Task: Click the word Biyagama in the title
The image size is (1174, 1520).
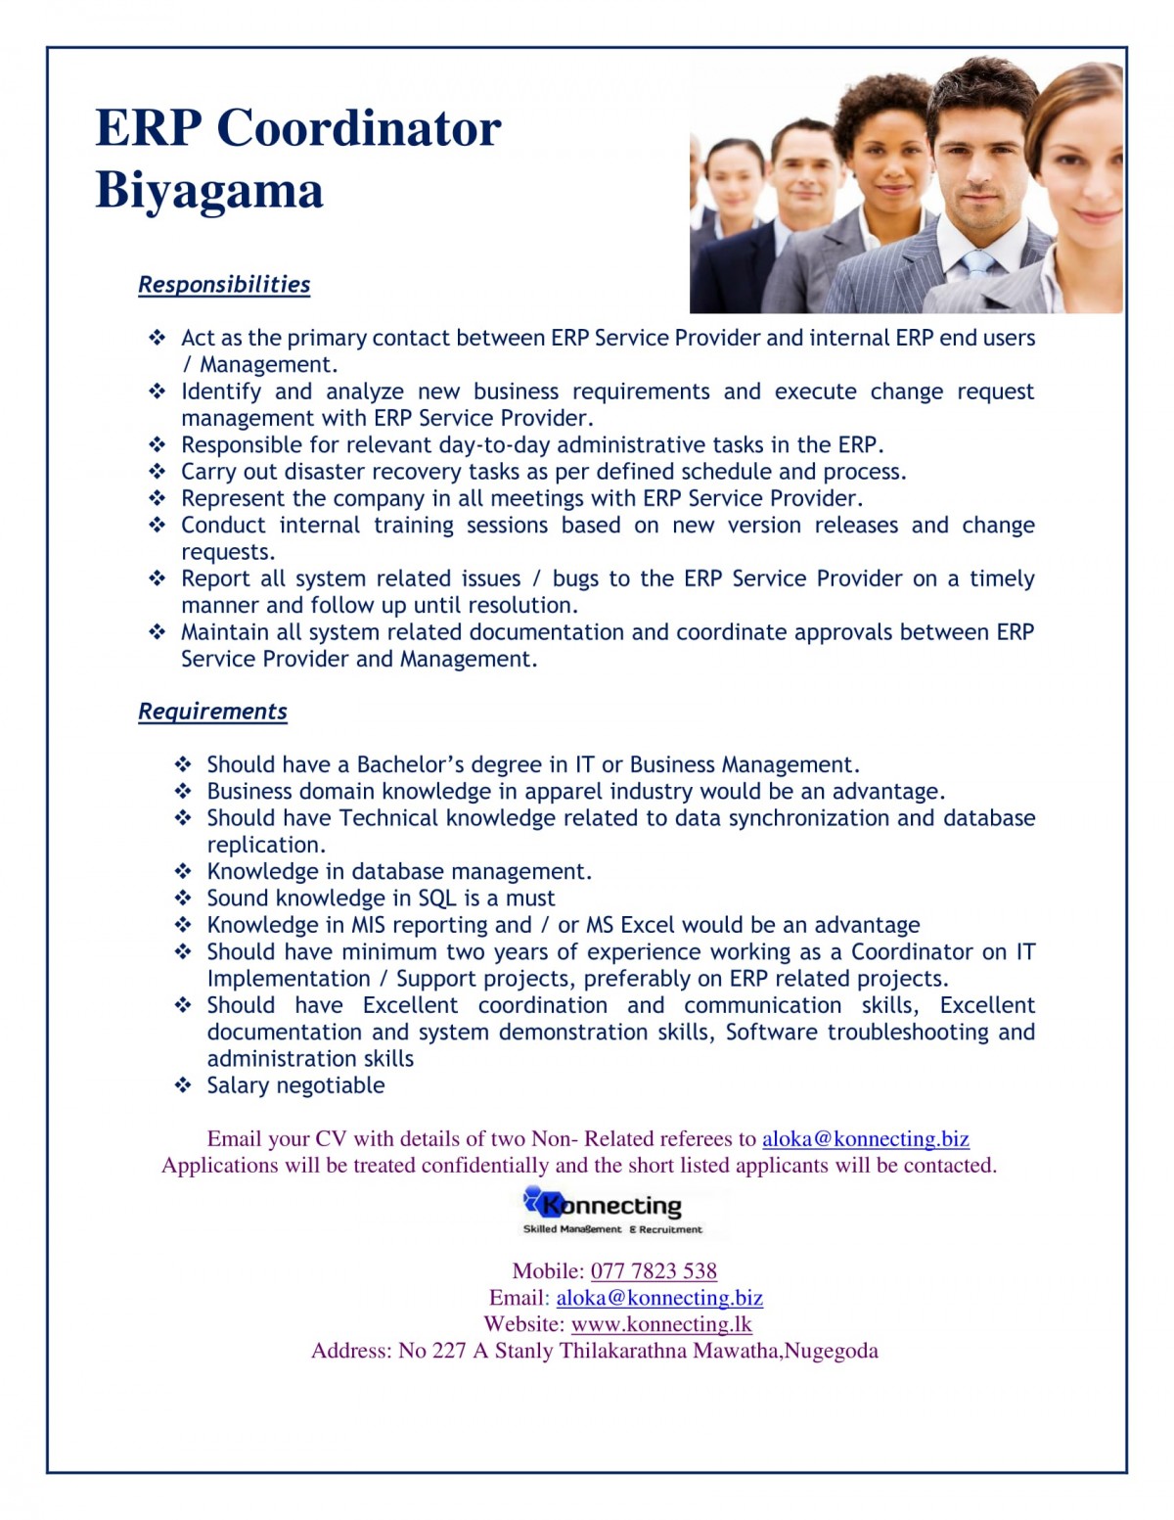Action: pos(208,190)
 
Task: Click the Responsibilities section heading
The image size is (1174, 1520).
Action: pos(224,285)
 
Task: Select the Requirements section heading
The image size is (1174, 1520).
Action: pos(212,712)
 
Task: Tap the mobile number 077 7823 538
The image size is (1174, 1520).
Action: pos(654,1271)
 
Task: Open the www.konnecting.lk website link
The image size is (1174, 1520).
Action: pos(661,1324)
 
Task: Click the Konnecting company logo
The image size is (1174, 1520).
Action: pos(612,1212)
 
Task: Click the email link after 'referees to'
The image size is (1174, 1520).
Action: pos(865,1138)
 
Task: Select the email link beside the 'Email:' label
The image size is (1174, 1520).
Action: pos(659,1298)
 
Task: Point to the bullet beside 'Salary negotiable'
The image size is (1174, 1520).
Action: pos(183,1084)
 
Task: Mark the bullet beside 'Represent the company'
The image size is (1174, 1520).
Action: pos(158,497)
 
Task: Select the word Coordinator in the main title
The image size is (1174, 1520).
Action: pos(358,128)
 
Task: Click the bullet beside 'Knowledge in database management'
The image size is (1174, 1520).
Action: pos(183,871)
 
